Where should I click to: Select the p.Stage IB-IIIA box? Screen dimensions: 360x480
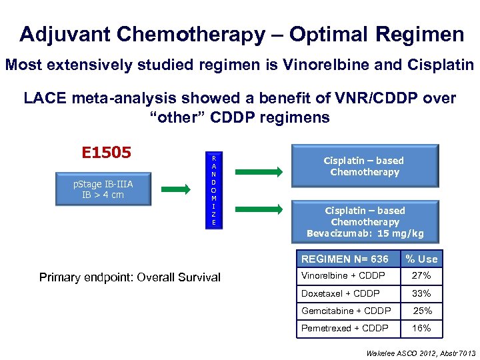[x=103, y=189]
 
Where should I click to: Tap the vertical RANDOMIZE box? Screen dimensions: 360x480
[x=213, y=190]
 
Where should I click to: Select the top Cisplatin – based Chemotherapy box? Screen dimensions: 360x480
[x=364, y=166]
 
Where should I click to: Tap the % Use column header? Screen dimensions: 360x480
[x=422, y=259]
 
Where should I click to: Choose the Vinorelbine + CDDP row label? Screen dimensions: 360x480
[x=343, y=276]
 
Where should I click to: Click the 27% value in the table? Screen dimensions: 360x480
[x=421, y=276]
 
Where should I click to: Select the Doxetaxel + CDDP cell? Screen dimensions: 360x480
[x=341, y=293]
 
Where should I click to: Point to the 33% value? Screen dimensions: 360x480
[x=421, y=293]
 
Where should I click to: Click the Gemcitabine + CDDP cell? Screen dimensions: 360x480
[x=346, y=311]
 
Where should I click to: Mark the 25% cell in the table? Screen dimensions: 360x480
[x=423, y=311]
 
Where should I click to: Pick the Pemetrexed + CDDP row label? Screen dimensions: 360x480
[x=345, y=328]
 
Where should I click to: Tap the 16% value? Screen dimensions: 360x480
[x=421, y=328]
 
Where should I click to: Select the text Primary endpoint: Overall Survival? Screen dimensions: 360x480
[x=130, y=277]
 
